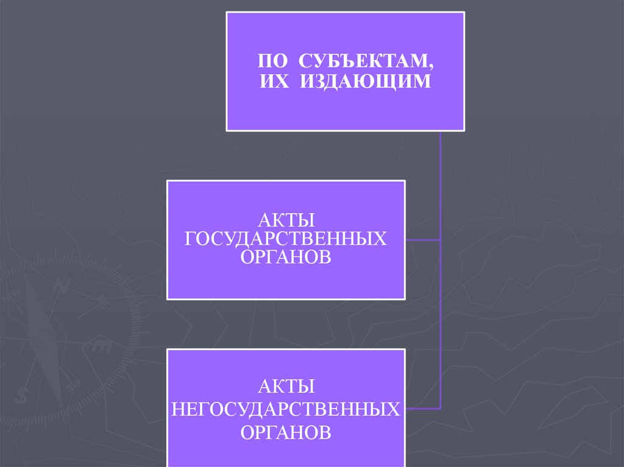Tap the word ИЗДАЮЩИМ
coord(364,82)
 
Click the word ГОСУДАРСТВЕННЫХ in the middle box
coord(286,238)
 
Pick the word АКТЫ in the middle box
coord(286,219)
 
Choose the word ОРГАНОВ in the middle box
coord(286,258)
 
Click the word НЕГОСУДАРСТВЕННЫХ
coord(286,409)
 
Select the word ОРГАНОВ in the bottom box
coord(286,432)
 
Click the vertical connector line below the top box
coord(440,183)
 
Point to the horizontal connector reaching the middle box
coord(422,239)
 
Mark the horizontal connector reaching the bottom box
coord(422,407)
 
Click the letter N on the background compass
coord(60,285)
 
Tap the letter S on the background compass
coord(24,394)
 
